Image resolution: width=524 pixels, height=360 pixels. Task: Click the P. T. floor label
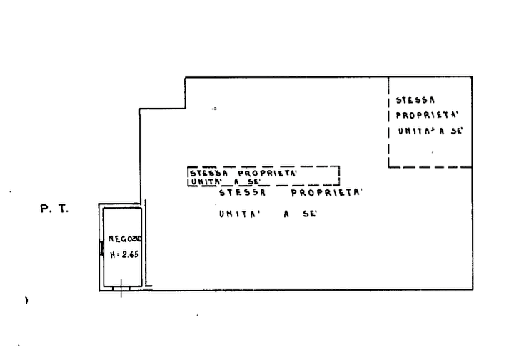[54, 209]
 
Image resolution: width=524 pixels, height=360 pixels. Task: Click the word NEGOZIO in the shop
[125, 239]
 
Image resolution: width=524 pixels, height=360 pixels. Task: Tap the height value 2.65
[130, 254]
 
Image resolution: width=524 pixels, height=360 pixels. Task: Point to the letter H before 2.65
[113, 255]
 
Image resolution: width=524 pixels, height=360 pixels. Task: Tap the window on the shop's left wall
[101, 249]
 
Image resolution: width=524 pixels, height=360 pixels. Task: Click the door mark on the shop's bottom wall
[121, 288]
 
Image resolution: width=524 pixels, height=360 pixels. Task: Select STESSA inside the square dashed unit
[415, 100]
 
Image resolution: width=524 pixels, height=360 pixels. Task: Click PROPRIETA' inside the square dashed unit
[427, 115]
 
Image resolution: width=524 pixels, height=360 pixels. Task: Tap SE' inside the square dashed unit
[456, 131]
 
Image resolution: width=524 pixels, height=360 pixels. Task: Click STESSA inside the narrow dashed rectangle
[208, 173]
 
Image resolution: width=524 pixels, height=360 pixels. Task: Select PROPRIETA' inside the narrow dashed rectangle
[267, 173]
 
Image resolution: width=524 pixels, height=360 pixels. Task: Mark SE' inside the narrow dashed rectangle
[254, 182]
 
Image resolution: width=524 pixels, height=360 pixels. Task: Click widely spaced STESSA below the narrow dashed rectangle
[242, 193]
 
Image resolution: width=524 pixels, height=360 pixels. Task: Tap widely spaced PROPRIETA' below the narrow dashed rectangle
[326, 193]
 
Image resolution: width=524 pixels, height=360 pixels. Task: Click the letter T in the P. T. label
[64, 209]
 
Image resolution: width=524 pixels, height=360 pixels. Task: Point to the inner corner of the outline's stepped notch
[185, 109]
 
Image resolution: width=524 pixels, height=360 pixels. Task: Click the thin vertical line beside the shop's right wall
[146, 243]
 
